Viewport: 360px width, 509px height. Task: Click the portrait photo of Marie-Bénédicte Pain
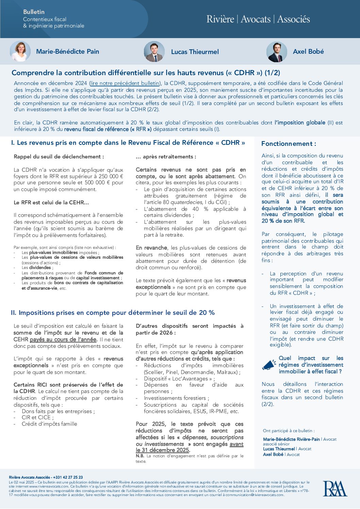(20, 51)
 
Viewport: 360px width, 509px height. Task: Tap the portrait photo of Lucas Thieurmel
(154, 52)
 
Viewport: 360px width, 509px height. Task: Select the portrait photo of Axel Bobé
(277, 52)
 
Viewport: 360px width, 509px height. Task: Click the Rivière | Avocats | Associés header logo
(258, 19)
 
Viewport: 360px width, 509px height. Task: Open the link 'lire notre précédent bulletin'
(125, 83)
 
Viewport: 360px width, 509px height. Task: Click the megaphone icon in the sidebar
(269, 365)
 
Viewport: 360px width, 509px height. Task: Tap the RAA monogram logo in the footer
(335, 489)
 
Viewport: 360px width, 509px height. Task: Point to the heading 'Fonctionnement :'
(289, 144)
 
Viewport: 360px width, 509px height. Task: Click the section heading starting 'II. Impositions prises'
(113, 313)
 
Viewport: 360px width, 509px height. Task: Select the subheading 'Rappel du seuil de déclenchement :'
(59, 157)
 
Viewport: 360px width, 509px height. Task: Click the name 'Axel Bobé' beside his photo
(308, 52)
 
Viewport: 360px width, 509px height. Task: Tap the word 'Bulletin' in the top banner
(34, 12)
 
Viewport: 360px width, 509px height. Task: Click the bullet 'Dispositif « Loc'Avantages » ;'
(179, 378)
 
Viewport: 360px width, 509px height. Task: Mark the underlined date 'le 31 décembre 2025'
(163, 450)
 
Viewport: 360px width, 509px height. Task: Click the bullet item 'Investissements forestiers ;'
(176, 398)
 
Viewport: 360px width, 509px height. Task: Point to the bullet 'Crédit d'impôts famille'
(49, 424)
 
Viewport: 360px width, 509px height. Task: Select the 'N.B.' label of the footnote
(140, 456)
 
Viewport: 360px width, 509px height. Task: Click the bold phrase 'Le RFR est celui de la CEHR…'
(51, 203)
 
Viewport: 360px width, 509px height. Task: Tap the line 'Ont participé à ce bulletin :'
(289, 431)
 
